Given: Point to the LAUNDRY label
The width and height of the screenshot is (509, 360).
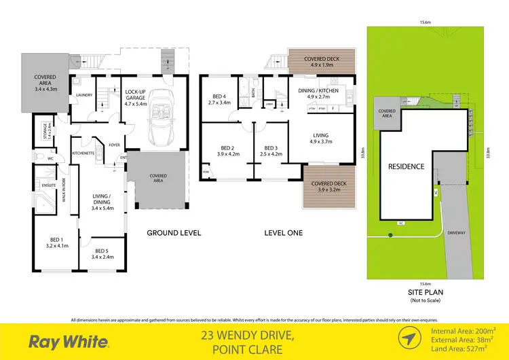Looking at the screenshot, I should (x=84, y=96).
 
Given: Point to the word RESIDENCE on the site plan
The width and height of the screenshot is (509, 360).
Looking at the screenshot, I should (x=406, y=166).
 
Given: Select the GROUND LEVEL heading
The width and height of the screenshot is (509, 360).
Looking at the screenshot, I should (x=174, y=232).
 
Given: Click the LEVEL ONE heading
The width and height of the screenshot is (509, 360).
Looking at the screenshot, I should (x=284, y=232).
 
